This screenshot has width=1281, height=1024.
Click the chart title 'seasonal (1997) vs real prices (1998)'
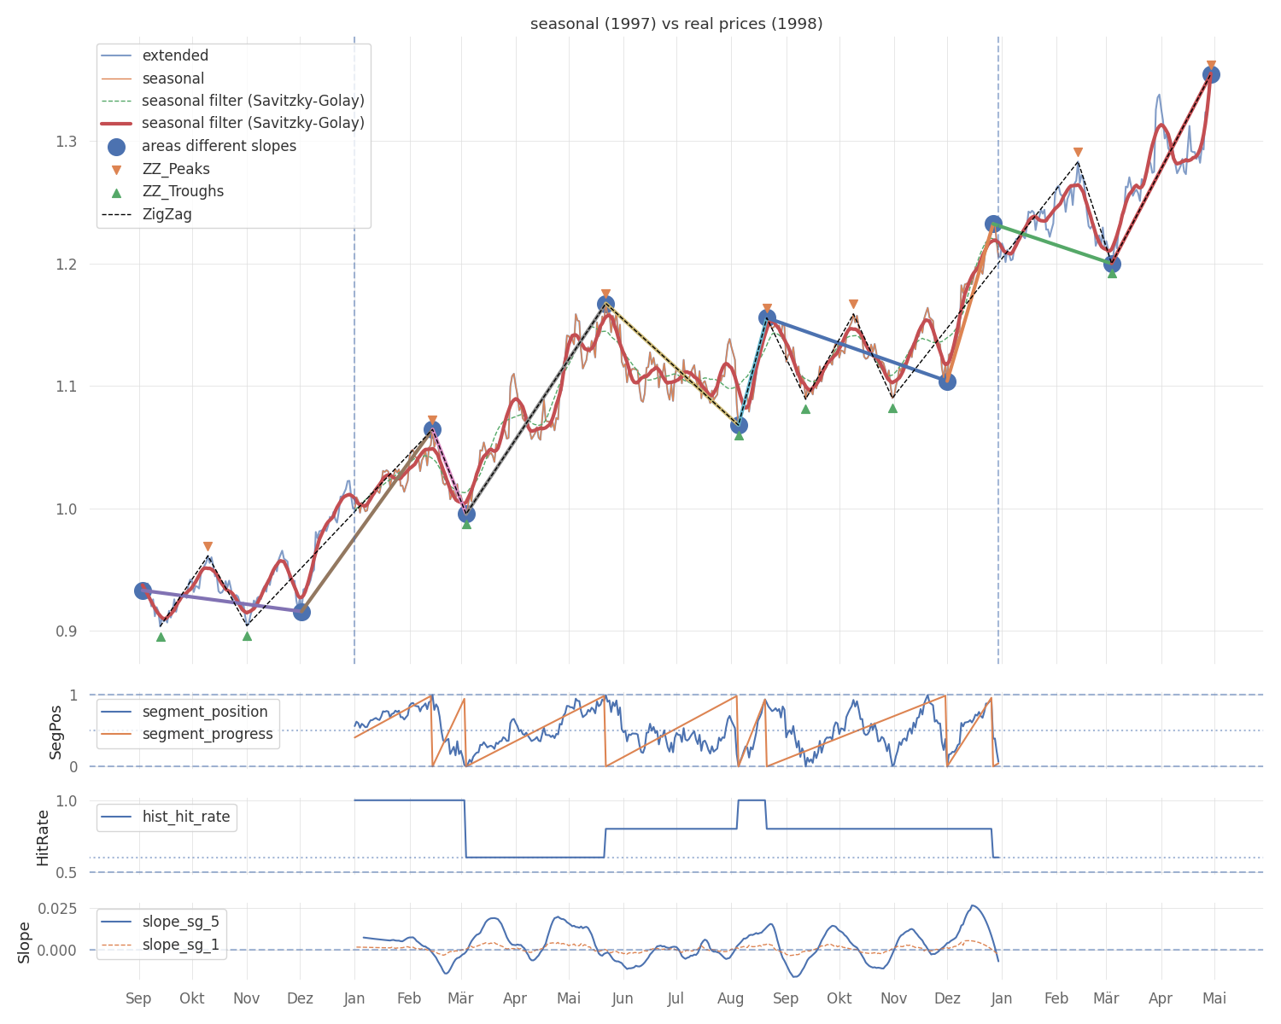click(676, 24)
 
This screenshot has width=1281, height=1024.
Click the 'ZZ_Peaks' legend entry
click(156, 169)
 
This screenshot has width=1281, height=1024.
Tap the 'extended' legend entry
click(155, 55)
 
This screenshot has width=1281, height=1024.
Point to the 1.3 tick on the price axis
click(67, 142)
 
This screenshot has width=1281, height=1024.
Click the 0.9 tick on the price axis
click(67, 631)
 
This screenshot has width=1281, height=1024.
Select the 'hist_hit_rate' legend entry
click(166, 817)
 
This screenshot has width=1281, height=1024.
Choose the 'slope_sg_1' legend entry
click(161, 945)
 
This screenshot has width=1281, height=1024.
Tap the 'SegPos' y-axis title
click(56, 732)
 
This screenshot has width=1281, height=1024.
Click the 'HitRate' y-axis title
click(42, 838)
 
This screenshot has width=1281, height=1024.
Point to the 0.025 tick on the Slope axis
click(58, 909)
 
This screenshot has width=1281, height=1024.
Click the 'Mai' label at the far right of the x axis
click(1214, 998)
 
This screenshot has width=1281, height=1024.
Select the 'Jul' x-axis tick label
click(676, 998)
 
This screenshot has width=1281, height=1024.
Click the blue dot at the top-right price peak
click(1211, 74)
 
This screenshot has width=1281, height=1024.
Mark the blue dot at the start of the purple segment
click(143, 591)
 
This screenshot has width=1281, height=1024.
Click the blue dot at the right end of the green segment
click(1112, 265)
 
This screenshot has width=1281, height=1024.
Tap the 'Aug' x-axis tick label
click(730, 999)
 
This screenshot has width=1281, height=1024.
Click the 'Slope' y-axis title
click(24, 942)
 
